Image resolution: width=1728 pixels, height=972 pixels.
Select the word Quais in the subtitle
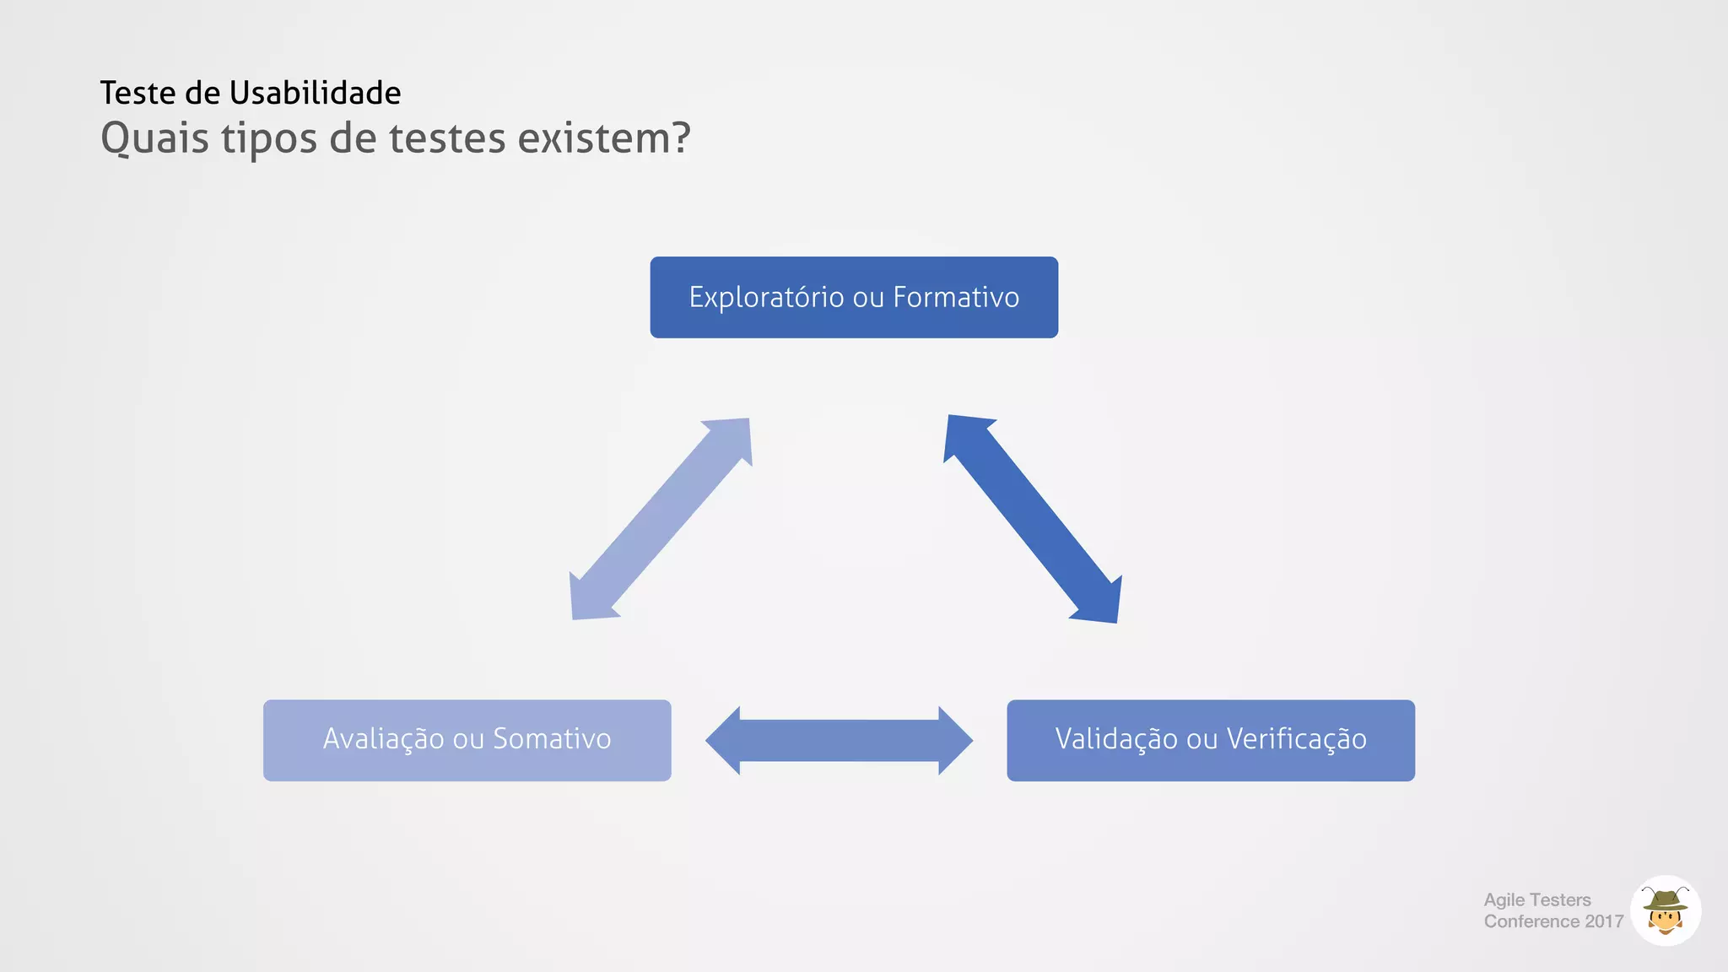click(154, 138)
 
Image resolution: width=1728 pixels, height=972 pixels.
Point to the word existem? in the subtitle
click(604, 138)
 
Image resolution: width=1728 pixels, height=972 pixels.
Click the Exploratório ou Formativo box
click(854, 298)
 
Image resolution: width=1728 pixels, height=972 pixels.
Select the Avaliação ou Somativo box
click(467, 740)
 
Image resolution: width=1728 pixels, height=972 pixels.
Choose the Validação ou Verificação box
click(1210, 740)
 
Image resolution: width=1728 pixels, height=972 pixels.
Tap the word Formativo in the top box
click(956, 298)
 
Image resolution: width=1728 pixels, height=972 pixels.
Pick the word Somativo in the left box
click(552, 739)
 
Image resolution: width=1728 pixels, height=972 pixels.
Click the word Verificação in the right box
click(1296, 739)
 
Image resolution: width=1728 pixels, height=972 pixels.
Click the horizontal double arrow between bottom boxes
click(839, 741)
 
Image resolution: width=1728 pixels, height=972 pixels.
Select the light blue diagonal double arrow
click(661, 519)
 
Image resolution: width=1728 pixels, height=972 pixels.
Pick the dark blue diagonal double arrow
click(1033, 519)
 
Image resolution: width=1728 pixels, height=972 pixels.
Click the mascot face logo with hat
click(1665, 911)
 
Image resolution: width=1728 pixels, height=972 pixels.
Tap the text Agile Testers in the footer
click(1537, 900)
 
